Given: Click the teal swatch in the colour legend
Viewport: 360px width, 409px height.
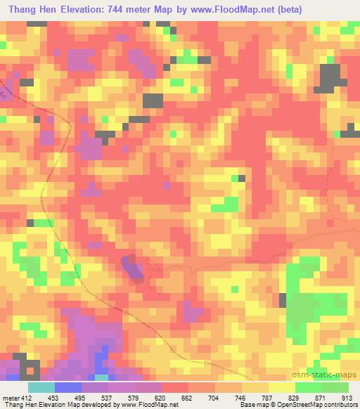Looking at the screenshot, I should pos(41,387).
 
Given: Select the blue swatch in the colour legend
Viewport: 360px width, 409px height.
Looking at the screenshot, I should pos(68,387).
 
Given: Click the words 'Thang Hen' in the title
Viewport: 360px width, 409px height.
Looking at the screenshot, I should pos(34,9).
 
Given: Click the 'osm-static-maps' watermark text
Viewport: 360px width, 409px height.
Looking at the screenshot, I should pos(330,373).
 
